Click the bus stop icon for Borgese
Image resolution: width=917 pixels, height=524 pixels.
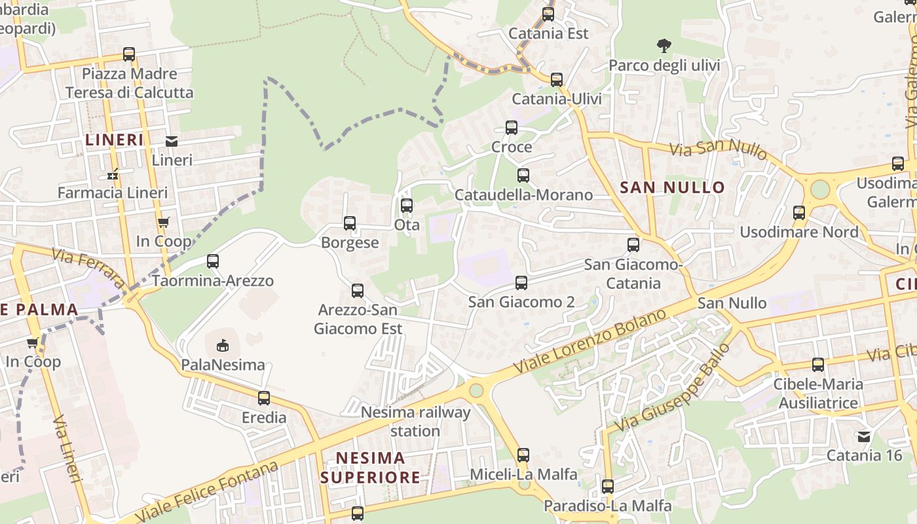[350, 223]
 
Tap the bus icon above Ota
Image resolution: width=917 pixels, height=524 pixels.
[407, 206]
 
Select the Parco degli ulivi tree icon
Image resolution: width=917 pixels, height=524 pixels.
[664, 46]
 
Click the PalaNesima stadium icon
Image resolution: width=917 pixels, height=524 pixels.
[223, 345]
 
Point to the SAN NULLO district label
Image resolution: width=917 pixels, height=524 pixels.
[672, 187]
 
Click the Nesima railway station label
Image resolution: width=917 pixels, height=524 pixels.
[415, 421]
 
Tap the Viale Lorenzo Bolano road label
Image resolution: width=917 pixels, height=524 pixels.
[589, 341]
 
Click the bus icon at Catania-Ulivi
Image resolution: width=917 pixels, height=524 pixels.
[557, 80]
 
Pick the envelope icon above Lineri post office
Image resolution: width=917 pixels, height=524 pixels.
[172, 141]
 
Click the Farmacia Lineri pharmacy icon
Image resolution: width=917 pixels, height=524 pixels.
[113, 175]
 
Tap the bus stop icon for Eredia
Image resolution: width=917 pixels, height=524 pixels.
[264, 398]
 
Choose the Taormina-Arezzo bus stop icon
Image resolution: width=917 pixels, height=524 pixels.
[213, 261]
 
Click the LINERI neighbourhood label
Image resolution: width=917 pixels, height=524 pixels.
[115, 140]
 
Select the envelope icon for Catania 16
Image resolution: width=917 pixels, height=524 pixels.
[864, 436]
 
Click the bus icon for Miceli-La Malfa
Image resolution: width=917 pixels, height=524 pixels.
[523, 455]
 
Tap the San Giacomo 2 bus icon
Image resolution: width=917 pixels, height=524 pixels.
[521, 283]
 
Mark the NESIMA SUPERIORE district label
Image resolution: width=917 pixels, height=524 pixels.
[370, 467]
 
